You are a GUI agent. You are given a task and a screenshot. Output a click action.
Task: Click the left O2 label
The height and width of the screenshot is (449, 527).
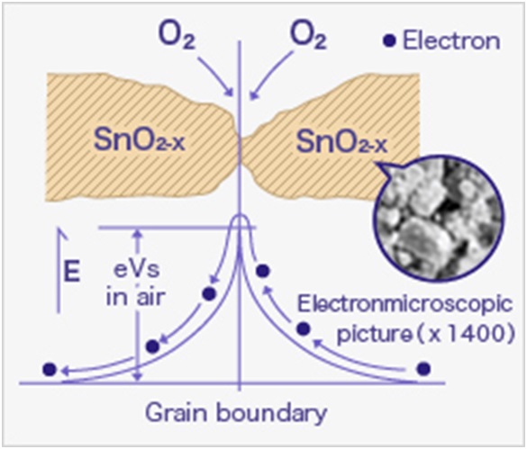point(177,37)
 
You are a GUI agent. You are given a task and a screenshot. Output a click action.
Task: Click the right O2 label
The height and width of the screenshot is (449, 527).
point(308,37)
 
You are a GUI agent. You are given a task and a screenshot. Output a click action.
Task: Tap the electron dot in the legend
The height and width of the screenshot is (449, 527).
point(389,40)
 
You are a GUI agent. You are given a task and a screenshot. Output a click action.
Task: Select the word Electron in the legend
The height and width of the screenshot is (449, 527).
point(451,40)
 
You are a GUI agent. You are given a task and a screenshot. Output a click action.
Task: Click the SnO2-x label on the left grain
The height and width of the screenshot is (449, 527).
point(139,140)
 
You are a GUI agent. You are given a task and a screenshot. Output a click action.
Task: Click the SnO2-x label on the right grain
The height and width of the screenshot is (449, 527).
point(341,141)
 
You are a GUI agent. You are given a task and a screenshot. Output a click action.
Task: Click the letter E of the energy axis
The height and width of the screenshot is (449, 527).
point(71,271)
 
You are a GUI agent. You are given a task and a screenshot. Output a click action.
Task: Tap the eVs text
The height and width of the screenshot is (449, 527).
point(136,270)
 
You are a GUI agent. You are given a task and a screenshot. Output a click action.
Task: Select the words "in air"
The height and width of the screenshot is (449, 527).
point(136,297)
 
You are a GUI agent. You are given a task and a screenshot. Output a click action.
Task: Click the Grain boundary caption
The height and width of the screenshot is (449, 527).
point(236,413)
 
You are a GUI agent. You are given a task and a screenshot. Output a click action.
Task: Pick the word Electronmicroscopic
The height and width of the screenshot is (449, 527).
point(405,304)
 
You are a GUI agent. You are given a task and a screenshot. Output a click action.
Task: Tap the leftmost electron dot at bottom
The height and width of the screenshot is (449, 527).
point(50,370)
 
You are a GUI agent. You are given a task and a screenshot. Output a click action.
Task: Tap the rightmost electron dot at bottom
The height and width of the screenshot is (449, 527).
point(423,369)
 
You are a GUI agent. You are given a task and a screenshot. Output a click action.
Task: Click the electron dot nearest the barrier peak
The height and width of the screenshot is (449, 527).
point(263,271)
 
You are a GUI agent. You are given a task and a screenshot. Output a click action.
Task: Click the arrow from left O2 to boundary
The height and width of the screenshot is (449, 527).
point(215,76)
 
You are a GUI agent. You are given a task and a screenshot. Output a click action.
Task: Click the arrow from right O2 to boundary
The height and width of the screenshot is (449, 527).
point(271,76)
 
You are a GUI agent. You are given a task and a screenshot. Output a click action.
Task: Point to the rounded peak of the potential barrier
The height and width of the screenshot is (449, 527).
point(240,216)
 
